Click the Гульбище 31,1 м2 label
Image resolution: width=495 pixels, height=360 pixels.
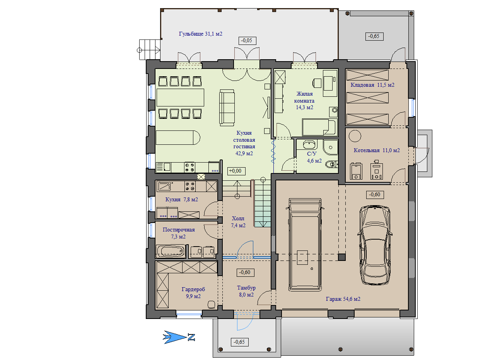coord(200,34)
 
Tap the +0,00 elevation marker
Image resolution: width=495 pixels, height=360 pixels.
coord(236,171)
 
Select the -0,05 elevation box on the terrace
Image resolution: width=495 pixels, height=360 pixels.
coord(247,41)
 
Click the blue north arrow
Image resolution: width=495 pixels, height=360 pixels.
coord(179,337)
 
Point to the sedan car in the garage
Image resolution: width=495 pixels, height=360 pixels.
coord(375,245)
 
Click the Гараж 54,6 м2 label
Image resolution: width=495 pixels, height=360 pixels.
coord(343,299)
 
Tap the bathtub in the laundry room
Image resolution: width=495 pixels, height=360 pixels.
coord(171,251)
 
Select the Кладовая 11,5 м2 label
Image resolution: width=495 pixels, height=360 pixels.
coord(372,85)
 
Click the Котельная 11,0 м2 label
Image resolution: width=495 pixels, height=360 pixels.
coord(377,150)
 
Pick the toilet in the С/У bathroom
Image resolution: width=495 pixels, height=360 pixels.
coord(331,164)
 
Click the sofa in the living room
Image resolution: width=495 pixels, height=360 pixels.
coord(227,108)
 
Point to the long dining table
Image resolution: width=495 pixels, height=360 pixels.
coord(180,98)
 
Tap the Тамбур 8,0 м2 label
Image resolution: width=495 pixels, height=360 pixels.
coord(246,291)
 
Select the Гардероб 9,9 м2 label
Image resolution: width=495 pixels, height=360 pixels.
coord(193,293)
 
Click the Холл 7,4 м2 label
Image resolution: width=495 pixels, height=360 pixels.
coord(238,222)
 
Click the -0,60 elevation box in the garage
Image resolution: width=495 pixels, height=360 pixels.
coord(375,195)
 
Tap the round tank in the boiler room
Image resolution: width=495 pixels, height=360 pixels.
coord(355,136)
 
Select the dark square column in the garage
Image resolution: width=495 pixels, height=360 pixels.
coord(342,257)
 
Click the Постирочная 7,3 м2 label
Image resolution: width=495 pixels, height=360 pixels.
coord(179,233)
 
